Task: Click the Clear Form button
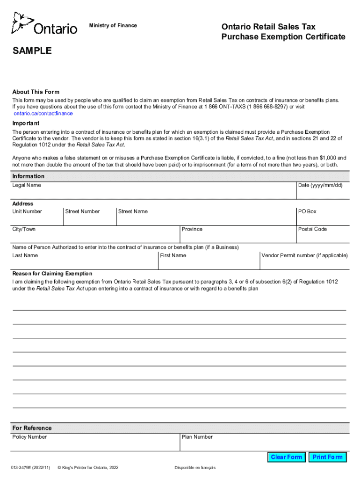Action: pyautogui.click(x=286, y=457)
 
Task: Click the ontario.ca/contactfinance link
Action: pyautogui.click(x=43, y=113)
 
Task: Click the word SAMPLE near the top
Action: pyautogui.click(x=32, y=51)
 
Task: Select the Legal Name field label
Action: pyautogui.click(x=27, y=185)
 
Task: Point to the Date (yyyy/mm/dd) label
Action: pyautogui.click(x=320, y=185)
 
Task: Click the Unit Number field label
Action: pyautogui.click(x=27, y=211)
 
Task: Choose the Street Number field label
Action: pyautogui.click(x=82, y=211)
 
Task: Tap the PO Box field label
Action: pyautogui.click(x=307, y=211)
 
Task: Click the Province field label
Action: pyautogui.click(x=192, y=229)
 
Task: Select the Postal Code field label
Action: pyautogui.click(x=312, y=229)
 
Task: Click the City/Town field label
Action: pyautogui.click(x=24, y=229)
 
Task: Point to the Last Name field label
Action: pyautogui.click(x=25, y=255)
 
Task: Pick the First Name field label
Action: pyautogui.click(x=173, y=255)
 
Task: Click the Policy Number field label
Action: pyautogui.click(x=29, y=437)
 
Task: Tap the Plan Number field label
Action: pyautogui.click(x=197, y=437)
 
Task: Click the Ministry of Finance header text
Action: pyautogui.click(x=113, y=25)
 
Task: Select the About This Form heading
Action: pyautogui.click(x=36, y=92)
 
